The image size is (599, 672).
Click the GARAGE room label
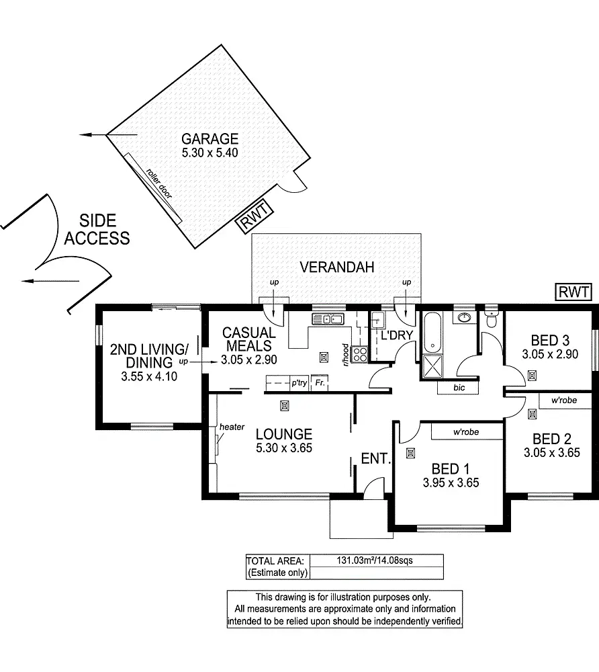coord(210,139)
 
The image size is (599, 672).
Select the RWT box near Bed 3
coord(573,292)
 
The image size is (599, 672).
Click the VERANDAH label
coord(336,267)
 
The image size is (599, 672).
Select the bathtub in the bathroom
coord(432,333)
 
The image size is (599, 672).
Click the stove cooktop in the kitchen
coord(359,353)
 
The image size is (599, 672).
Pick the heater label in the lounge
coord(231,427)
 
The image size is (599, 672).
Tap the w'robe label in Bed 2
coord(565,401)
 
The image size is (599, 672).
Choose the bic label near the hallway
coord(458,388)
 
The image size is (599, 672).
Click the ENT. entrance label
coord(375,459)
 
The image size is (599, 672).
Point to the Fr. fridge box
coord(320,383)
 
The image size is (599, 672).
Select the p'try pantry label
coord(298,383)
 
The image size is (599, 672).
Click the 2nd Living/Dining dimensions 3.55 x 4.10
coord(148,377)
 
